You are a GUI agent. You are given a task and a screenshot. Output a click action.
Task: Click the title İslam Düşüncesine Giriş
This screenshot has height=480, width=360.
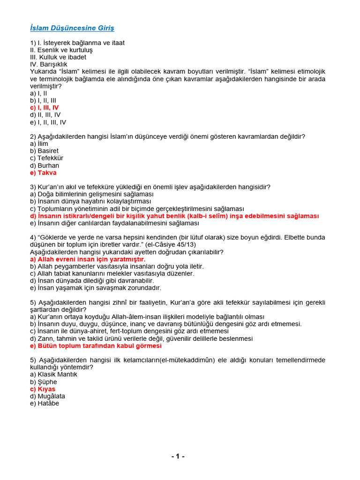pos(72,29)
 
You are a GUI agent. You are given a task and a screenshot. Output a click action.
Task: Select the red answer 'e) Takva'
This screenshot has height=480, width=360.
pos(43,172)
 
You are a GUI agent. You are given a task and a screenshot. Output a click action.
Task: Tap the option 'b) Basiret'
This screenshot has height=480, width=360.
pos(45,151)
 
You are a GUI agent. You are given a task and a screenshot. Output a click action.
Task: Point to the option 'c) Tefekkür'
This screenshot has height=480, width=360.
pos(46,158)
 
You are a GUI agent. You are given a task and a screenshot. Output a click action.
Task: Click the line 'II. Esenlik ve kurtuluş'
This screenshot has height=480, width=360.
pos(61,50)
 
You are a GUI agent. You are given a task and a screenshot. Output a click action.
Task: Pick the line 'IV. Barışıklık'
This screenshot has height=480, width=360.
pos(49,64)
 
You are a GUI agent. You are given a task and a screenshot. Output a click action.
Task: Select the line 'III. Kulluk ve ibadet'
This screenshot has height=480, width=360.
pos(58,57)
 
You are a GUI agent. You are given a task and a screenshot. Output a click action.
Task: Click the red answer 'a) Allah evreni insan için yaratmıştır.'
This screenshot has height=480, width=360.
pos(88,259)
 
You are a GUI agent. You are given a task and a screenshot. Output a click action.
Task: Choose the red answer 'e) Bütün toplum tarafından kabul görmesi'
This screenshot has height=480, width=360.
pos(96,345)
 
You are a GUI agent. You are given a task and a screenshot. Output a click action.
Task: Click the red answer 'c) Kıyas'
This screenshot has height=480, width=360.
pos(43,389)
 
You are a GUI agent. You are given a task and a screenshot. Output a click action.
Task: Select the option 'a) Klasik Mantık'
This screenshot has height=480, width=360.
pos(54,375)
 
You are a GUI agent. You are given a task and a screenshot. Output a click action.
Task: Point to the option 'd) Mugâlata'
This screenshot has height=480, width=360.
pos(48,396)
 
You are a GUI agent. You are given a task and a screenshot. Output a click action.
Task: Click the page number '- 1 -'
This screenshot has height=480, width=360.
pos(178,457)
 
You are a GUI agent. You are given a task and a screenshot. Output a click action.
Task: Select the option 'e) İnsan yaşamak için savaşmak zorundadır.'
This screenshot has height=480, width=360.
pos(96,288)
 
